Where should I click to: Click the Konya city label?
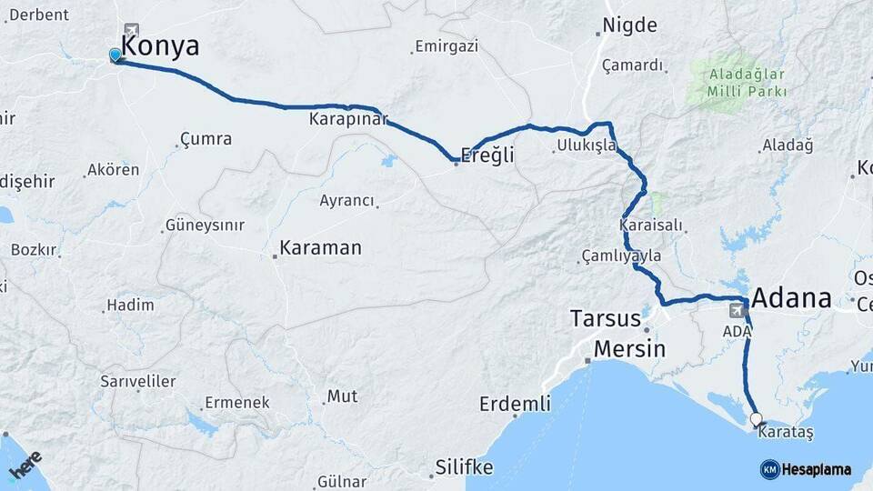pos(160,46)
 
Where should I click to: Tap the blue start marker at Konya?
pos(115,55)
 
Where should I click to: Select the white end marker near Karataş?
pos(756,419)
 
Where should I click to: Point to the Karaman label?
pos(320,247)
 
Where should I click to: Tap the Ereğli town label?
pos(487,155)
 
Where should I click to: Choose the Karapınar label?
pos(348,119)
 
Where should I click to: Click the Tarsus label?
pos(606,319)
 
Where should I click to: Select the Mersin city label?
pos(629,349)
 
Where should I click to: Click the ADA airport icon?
pos(735,311)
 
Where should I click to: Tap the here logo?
pos(25,466)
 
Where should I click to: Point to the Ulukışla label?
pos(587,145)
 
